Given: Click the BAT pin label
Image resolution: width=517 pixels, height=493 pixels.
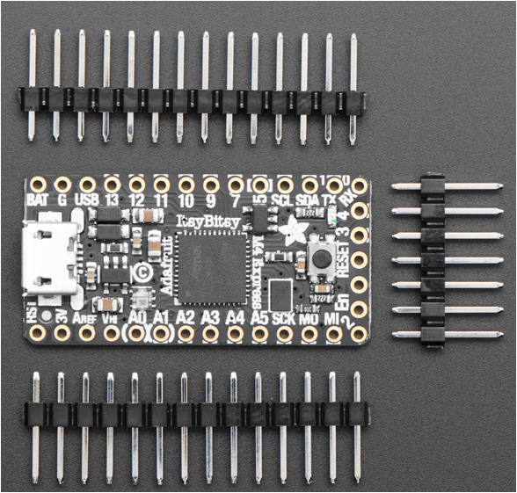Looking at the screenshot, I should pos(37,200).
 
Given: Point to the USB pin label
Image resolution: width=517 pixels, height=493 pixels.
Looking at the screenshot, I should pos(88,200).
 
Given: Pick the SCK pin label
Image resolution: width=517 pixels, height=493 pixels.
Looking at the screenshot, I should pos(284,316).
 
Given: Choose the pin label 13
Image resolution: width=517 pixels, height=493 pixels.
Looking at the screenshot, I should pos(112,200).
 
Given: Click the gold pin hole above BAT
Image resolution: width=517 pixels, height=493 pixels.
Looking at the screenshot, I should pos(37,185).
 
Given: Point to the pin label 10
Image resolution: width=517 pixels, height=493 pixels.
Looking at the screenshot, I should pos(186,200).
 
